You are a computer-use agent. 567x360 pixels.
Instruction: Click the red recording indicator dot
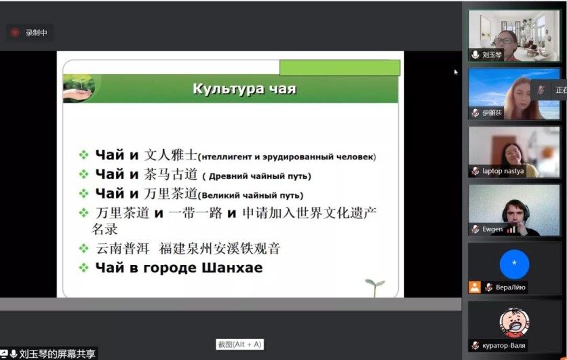pyautogui.click(x=15, y=33)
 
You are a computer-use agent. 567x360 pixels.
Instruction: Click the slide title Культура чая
pyautogui.click(x=244, y=89)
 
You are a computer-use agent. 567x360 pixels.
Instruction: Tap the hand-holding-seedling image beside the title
pyautogui.click(x=79, y=88)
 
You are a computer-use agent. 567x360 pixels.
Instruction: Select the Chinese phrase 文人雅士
pyautogui.click(x=171, y=155)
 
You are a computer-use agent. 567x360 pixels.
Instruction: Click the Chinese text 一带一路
pyautogui.click(x=195, y=213)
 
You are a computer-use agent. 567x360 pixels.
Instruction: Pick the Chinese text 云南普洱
pyautogui.click(x=123, y=249)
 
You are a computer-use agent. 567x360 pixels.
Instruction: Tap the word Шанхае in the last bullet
pyautogui.click(x=232, y=268)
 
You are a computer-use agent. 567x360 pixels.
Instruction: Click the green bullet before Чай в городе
pyautogui.click(x=84, y=268)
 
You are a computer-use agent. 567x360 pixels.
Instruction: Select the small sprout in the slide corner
pyautogui.click(x=374, y=287)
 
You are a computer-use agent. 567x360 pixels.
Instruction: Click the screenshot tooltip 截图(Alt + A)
pyautogui.click(x=239, y=344)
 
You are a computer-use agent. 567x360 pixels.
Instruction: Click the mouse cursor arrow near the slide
pyautogui.click(x=456, y=73)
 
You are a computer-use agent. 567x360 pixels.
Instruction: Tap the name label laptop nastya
pyautogui.click(x=503, y=171)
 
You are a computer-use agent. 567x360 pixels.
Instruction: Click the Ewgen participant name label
pyautogui.click(x=492, y=229)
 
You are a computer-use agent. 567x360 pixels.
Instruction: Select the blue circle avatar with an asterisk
pyautogui.click(x=514, y=264)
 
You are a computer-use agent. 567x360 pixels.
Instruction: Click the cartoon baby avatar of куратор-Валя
pyautogui.click(x=514, y=323)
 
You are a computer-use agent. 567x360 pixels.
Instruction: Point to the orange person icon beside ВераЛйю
pyautogui.click(x=475, y=287)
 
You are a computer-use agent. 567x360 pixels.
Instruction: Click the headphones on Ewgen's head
pyautogui.click(x=515, y=209)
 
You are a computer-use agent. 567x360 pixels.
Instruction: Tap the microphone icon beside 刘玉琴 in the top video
pyautogui.click(x=475, y=55)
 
